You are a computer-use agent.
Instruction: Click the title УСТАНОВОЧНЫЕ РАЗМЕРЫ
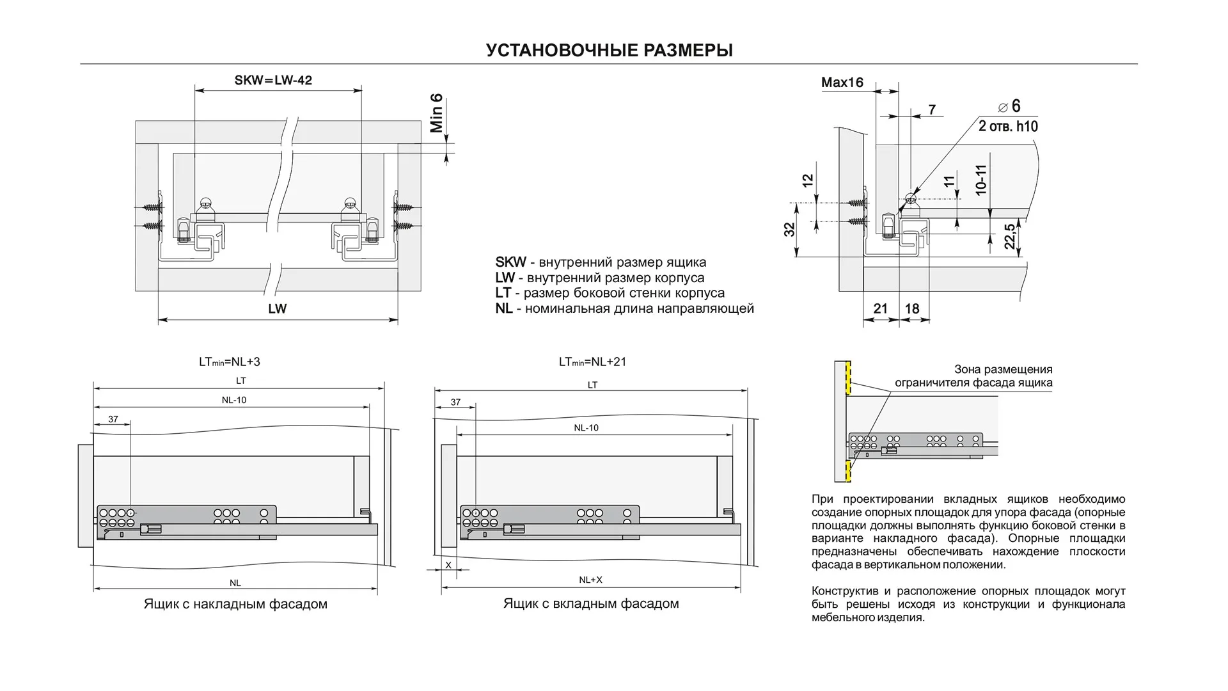609,51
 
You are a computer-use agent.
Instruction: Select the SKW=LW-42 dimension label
273,81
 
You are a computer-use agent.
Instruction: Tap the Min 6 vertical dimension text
437,113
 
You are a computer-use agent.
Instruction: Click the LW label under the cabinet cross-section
277,309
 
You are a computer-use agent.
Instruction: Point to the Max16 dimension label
842,83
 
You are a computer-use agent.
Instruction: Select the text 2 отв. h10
1008,126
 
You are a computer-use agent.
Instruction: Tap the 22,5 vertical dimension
1009,236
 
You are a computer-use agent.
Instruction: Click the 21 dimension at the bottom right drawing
880,309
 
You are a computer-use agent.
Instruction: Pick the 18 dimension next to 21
912,309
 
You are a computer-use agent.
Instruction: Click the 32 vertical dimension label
790,228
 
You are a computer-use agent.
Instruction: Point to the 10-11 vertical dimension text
981,180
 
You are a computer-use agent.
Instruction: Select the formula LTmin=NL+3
229,362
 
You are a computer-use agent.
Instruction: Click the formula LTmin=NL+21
592,362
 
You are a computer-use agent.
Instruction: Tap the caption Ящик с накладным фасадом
235,604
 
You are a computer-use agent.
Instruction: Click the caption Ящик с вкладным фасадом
591,604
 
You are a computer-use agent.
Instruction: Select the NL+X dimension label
590,580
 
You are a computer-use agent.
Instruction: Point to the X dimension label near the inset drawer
448,565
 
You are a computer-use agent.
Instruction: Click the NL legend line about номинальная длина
624,309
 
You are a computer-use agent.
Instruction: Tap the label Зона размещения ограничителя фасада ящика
973,376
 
